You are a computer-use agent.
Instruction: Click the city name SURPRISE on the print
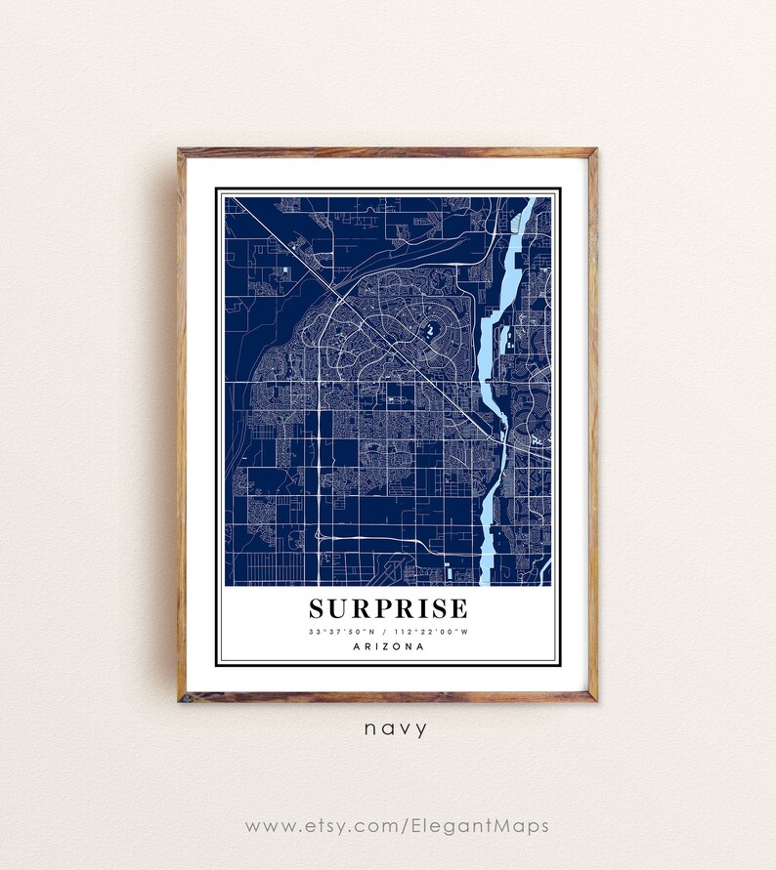coord(388,609)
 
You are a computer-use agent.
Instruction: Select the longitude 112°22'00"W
coord(434,632)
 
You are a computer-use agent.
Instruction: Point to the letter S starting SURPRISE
coord(317,609)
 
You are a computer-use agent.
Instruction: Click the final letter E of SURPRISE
coord(459,609)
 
